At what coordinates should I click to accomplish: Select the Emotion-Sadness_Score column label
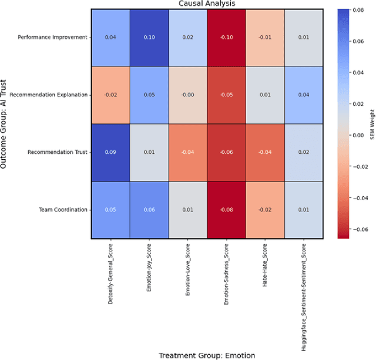point(226,273)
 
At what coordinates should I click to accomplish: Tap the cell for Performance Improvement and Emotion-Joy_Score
point(149,38)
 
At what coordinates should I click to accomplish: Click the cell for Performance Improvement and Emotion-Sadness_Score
point(226,38)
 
